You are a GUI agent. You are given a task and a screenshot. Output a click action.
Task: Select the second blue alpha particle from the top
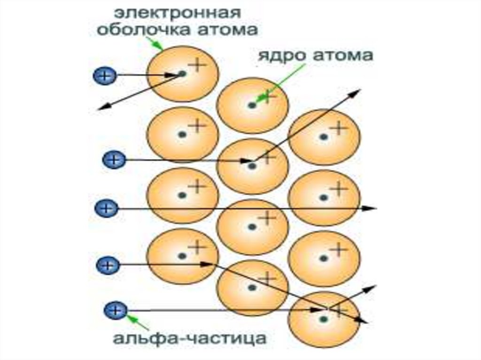112,160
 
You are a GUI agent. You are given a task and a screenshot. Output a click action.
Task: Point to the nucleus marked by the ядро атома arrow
252,105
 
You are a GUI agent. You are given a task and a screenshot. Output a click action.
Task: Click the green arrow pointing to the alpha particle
138,322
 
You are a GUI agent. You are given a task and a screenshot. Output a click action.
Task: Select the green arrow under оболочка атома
156,43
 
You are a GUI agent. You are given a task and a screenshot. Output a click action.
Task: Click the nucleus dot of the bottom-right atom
324,319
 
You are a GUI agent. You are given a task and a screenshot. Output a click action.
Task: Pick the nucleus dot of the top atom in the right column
324,137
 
